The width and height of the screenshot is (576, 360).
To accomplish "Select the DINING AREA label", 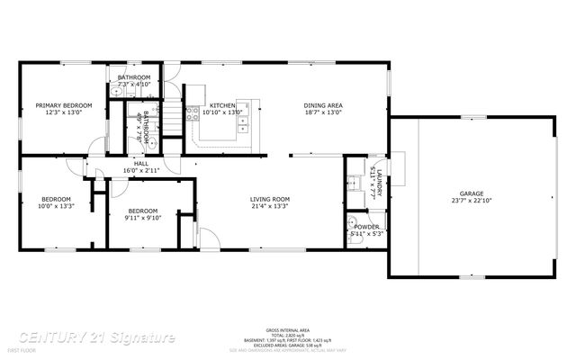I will [322, 105].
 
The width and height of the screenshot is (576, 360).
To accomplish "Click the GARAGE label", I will [472, 193].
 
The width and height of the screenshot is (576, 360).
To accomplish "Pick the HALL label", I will [140, 163].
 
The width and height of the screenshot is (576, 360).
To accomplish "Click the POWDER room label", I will [365, 227].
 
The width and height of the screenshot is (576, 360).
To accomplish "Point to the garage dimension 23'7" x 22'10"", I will [472, 202].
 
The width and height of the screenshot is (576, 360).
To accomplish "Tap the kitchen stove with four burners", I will [193, 113].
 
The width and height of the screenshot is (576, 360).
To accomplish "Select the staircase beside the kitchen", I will [173, 115].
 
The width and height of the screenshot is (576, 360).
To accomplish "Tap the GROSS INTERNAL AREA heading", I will [283, 331].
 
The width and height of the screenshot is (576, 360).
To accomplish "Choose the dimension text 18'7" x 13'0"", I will [322, 113].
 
